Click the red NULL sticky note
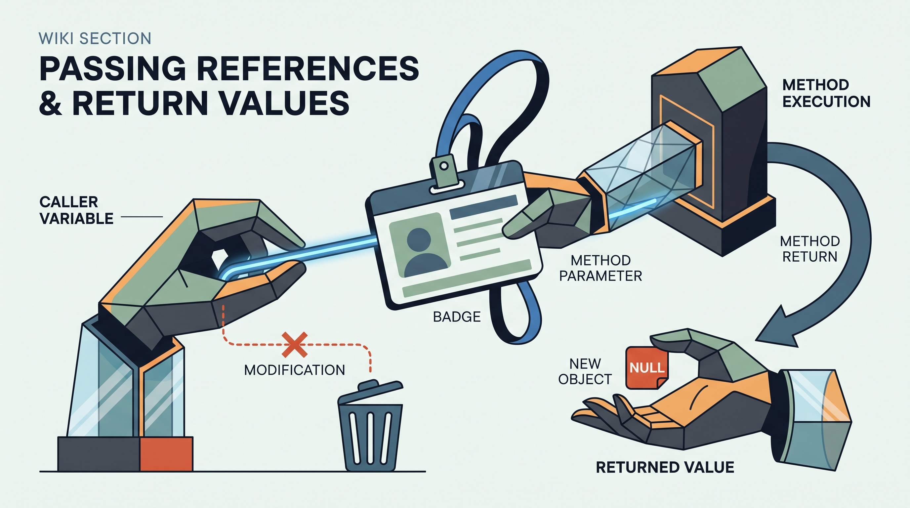point(646,368)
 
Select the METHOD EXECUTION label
point(826,93)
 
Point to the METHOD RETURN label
point(810,249)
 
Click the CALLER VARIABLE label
point(76,211)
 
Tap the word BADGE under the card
point(457,317)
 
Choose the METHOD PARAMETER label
point(600,268)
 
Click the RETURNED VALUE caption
point(665,467)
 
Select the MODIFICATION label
point(295,370)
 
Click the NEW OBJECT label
point(585,371)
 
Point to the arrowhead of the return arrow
point(779,327)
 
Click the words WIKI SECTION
point(95,38)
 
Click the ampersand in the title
point(51,103)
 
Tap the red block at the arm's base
point(166,454)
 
